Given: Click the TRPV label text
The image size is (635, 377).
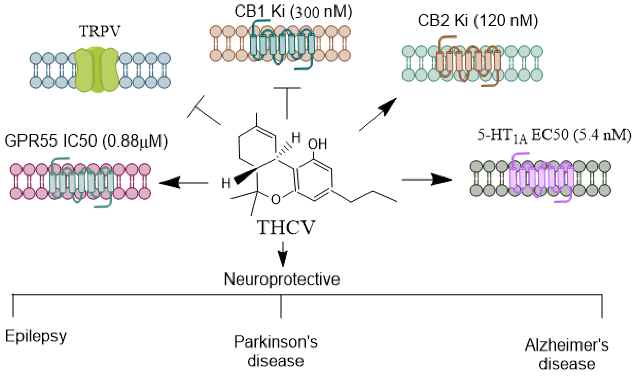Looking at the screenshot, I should click(99, 31).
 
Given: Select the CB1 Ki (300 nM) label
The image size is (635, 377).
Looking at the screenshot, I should click(293, 11).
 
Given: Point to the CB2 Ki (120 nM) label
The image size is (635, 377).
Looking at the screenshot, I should click(478, 21).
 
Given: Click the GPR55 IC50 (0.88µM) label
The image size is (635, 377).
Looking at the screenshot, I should click(86, 141).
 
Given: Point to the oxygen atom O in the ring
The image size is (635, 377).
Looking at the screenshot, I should click(275, 199).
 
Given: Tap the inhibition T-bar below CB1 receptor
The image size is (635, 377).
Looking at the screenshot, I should click(287, 102).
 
